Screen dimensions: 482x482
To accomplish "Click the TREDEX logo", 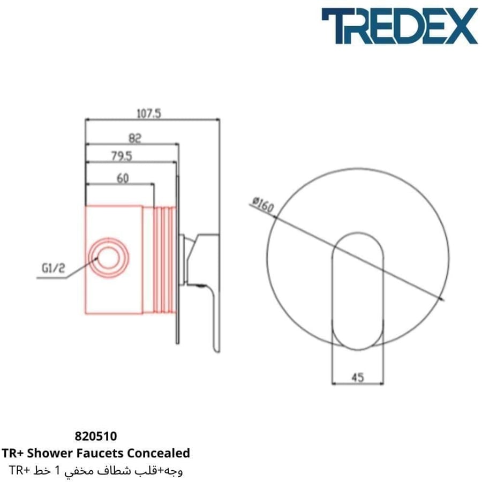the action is pyautogui.click(x=400, y=26).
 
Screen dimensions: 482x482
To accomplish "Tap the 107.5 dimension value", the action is pyautogui.click(x=149, y=114).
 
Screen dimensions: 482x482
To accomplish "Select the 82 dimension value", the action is pyautogui.click(x=134, y=138).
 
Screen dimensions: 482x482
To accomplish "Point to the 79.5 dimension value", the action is pyautogui.click(x=122, y=156).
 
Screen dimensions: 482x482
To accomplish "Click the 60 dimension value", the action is pyautogui.click(x=123, y=178).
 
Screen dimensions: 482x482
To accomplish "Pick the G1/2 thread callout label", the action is pyautogui.click(x=54, y=268).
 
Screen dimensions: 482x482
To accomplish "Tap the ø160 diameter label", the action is pyautogui.click(x=263, y=205).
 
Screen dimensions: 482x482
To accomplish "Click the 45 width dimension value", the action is pyautogui.click(x=358, y=377).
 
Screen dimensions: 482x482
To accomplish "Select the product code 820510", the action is pyautogui.click(x=96, y=436).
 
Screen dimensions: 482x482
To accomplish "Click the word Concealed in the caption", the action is pyautogui.click(x=159, y=453).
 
